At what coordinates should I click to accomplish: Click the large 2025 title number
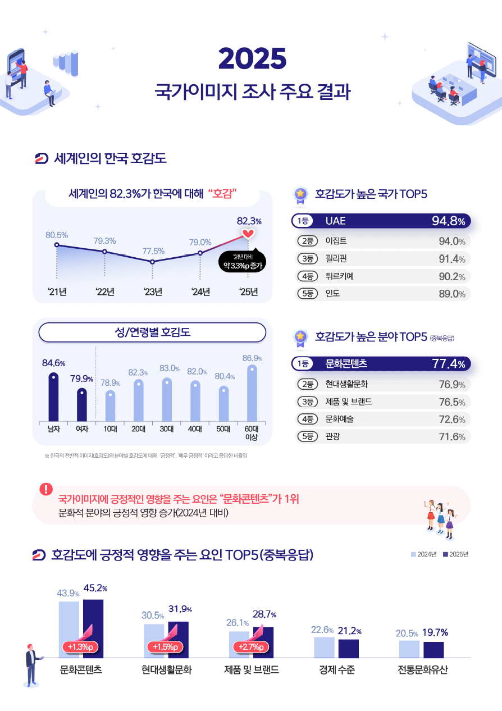pyautogui.click(x=252, y=58)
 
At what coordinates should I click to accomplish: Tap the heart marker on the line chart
pyautogui.click(x=248, y=233)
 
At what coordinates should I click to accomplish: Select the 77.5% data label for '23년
pyautogui.click(x=153, y=250)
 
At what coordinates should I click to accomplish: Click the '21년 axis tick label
pyautogui.click(x=57, y=291)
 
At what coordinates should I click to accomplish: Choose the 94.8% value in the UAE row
pyautogui.click(x=448, y=221)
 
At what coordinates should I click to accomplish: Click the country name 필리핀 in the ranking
pyautogui.click(x=336, y=259)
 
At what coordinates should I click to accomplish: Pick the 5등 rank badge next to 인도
pyautogui.click(x=307, y=294)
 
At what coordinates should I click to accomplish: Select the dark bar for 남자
pyautogui.click(x=53, y=396)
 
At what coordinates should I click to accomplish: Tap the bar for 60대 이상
pyautogui.click(x=252, y=393)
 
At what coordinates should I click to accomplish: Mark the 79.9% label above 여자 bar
pyautogui.click(x=81, y=379)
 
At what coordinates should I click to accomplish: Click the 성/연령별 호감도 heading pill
pyautogui.click(x=152, y=332)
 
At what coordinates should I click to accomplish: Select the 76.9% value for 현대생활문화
pyautogui.click(x=451, y=385)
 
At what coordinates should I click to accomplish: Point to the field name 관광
pyautogui.click(x=332, y=436)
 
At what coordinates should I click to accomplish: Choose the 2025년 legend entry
pyautogui.click(x=455, y=555)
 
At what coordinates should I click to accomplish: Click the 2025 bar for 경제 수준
pyautogui.click(x=349, y=648)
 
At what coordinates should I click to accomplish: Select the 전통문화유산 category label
pyautogui.click(x=423, y=670)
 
